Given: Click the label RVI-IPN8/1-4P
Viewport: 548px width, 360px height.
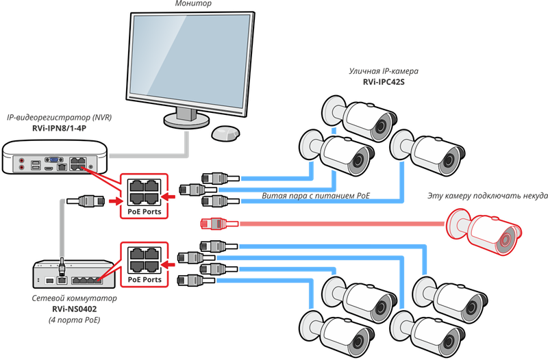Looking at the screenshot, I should [x=59, y=128].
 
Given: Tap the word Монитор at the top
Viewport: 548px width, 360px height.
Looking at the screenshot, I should [x=192, y=4].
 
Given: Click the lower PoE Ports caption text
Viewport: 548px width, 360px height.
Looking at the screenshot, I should [x=144, y=279].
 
